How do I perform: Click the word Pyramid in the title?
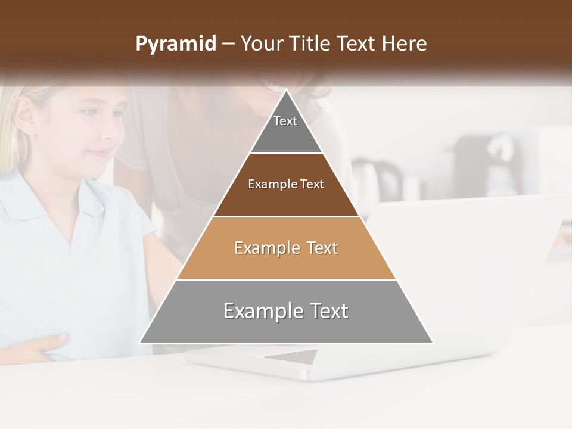point(175,44)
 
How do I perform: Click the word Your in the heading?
point(261,44)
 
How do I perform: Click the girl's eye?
point(89,112)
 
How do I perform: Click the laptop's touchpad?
point(291,356)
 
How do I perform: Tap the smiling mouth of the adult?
point(275,88)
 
